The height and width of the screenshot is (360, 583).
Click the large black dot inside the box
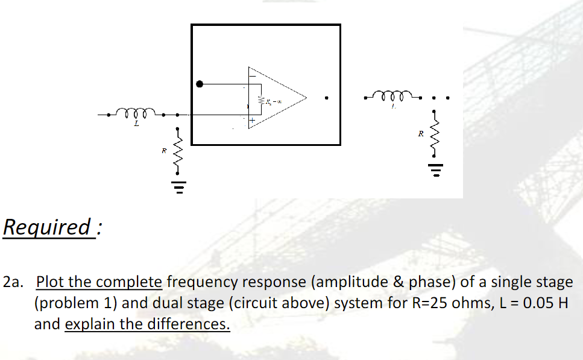pos(200,84)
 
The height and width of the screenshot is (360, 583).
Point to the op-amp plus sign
pos(252,122)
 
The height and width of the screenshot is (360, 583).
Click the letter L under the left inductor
pos(137,124)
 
